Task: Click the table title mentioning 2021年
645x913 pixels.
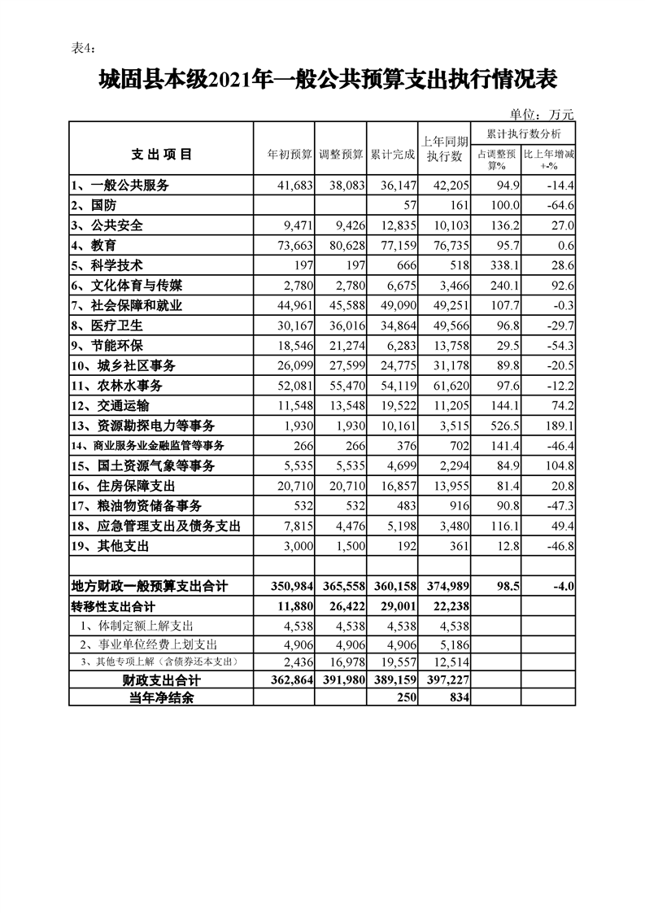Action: click(327, 80)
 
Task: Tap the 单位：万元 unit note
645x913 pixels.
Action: click(543, 114)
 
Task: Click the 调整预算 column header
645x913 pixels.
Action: click(341, 154)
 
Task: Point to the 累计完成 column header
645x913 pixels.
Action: click(392, 154)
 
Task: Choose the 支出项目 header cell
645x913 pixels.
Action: click(161, 154)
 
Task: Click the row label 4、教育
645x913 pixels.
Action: click(94, 245)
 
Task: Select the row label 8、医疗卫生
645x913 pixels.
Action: click(105, 325)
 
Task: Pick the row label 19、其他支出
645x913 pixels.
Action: click(109, 545)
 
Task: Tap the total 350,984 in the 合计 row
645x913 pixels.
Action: click(285, 586)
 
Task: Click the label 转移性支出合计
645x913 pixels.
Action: click(113, 606)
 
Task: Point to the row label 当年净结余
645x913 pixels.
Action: click(161, 697)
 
